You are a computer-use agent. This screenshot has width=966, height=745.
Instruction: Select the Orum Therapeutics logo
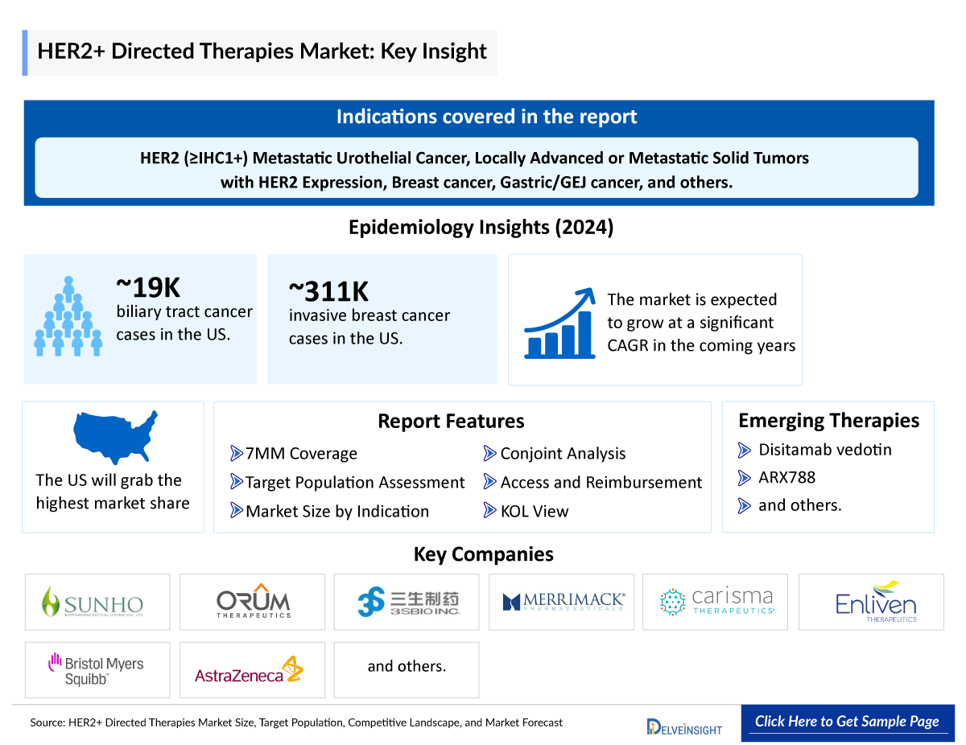253,602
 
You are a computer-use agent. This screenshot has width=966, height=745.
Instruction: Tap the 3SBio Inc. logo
407,602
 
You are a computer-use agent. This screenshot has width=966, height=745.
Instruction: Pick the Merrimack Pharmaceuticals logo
562,602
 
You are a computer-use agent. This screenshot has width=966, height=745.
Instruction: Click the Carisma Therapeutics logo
716,602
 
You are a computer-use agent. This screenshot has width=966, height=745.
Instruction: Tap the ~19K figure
148,287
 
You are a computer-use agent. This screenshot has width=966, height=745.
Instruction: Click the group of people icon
68,319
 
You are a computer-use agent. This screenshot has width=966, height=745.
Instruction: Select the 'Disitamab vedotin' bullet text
825,450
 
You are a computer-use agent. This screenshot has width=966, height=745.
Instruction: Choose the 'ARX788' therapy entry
786,478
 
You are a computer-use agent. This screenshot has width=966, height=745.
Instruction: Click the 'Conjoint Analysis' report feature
563,454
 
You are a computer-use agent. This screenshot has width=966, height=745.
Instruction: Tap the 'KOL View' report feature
534,512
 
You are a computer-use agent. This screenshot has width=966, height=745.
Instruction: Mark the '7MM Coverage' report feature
301,454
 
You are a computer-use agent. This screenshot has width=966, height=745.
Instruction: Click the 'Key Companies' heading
483,554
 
